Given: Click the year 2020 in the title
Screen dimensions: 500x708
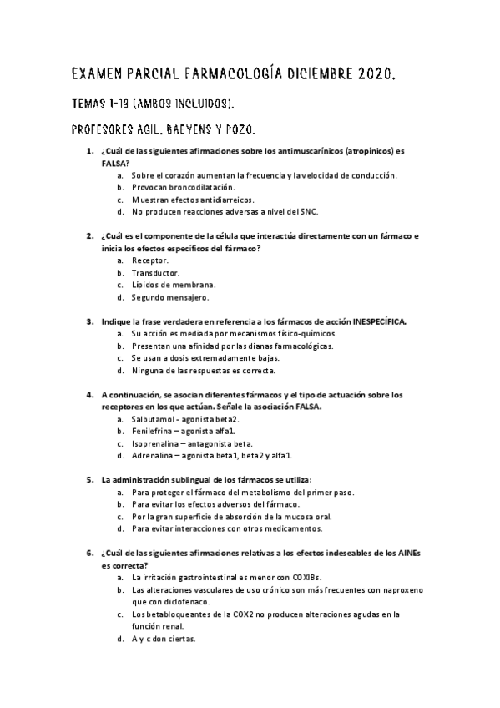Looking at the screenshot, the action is pyautogui.click(x=371, y=76).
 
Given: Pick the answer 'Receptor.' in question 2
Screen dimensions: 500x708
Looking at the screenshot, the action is pyautogui.click(x=150, y=260).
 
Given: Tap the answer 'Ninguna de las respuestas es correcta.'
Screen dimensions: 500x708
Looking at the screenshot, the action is pyautogui.click(x=203, y=369).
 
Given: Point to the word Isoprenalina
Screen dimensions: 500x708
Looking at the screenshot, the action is pyautogui.click(x=157, y=442).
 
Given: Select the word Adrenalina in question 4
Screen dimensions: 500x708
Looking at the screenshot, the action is pyautogui.click(x=154, y=455).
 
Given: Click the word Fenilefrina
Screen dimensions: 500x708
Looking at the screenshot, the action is pyautogui.click(x=153, y=431).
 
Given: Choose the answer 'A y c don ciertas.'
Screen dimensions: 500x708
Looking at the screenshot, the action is pyautogui.click(x=163, y=638).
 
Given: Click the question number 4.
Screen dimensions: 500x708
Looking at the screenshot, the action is pyautogui.click(x=90, y=394).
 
